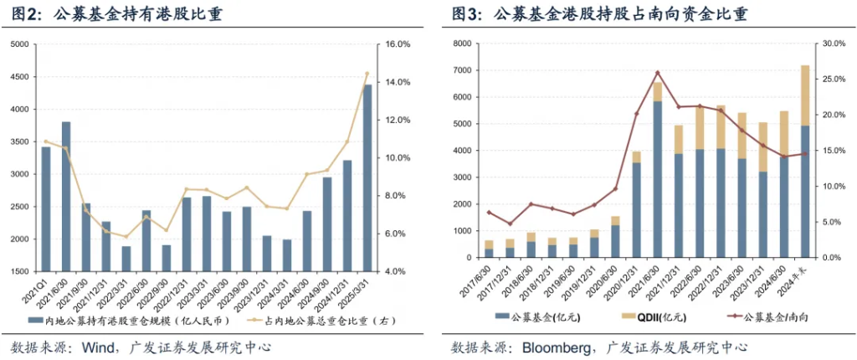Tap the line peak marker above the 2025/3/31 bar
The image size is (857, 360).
(367, 74)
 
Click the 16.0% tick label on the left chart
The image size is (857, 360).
(396, 44)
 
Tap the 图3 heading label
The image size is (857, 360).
(468, 13)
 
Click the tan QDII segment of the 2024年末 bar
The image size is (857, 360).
(805, 95)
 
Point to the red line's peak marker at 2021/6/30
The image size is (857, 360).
(657, 73)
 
